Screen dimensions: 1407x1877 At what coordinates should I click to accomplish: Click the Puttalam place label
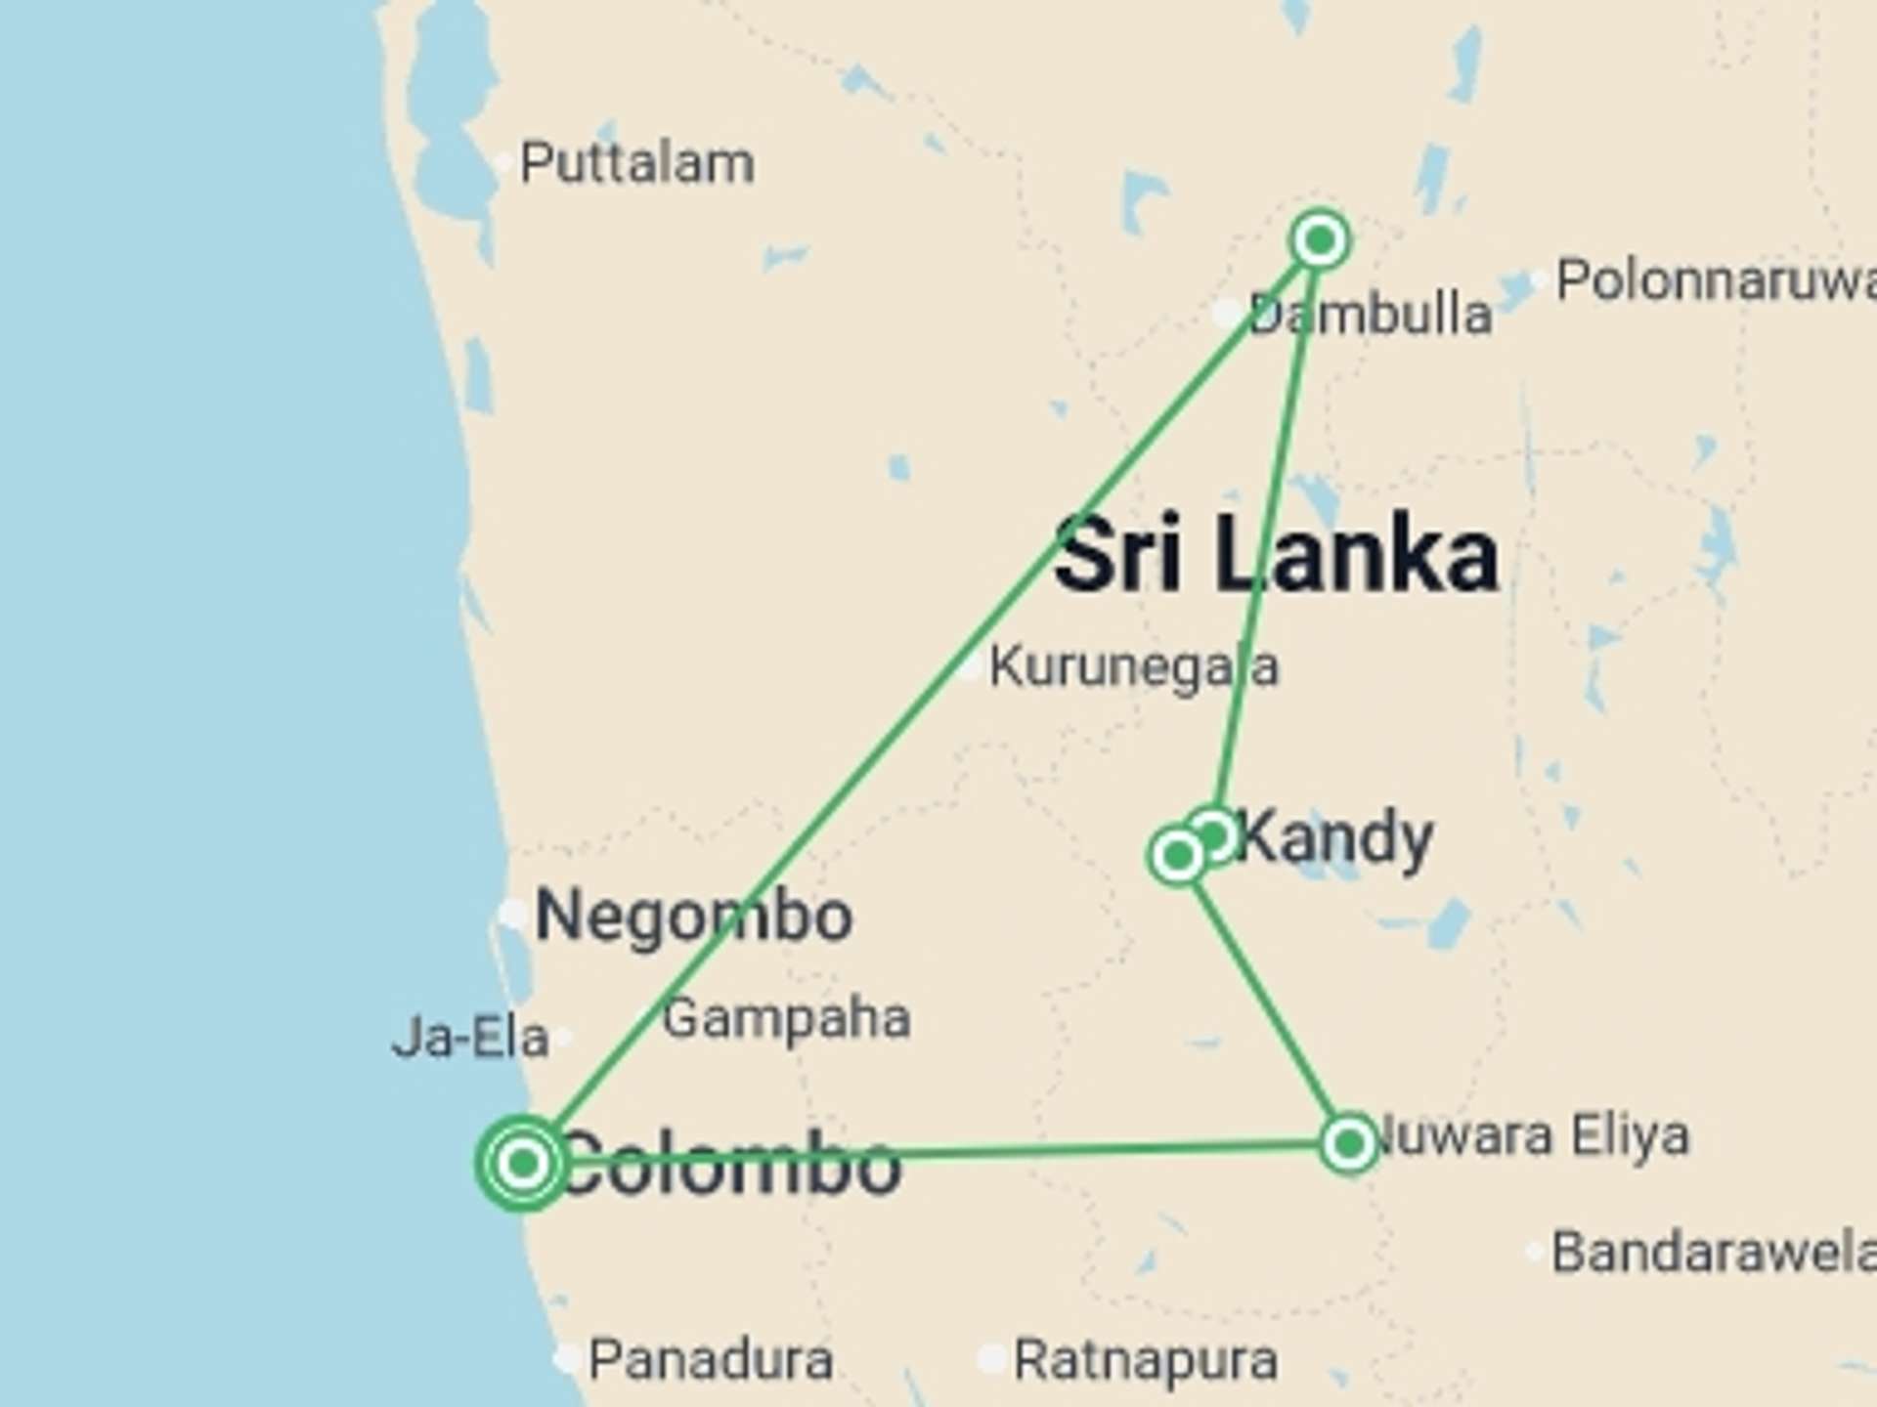pos(636,163)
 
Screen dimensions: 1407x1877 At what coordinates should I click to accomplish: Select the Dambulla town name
pos(1370,315)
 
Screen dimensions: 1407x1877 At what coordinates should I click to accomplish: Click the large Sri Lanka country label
pos(1276,555)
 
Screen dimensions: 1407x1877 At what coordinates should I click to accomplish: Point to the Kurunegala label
pos(1133,667)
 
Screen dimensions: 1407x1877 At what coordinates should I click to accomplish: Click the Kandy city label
pos(1335,838)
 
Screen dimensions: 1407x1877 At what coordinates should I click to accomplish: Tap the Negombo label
pos(694,917)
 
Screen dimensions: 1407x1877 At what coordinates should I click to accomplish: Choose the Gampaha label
pos(786,1019)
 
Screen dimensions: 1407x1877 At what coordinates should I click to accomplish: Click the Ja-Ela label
pos(469,1038)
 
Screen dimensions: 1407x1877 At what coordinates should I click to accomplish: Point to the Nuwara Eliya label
pos(1531,1135)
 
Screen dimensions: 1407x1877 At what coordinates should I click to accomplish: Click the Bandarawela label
pos(1713,1253)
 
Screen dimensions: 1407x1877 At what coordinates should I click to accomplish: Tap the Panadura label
pos(711,1360)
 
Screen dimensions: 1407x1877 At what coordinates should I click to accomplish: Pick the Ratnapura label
pos(1145,1360)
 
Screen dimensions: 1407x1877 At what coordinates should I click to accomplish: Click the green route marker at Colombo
pos(523,1163)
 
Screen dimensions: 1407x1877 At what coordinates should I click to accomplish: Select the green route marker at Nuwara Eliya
pos(1349,1142)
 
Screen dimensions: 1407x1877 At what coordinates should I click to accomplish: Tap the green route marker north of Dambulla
pos(1320,239)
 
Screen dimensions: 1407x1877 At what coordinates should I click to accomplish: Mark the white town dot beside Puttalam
pos(503,163)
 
